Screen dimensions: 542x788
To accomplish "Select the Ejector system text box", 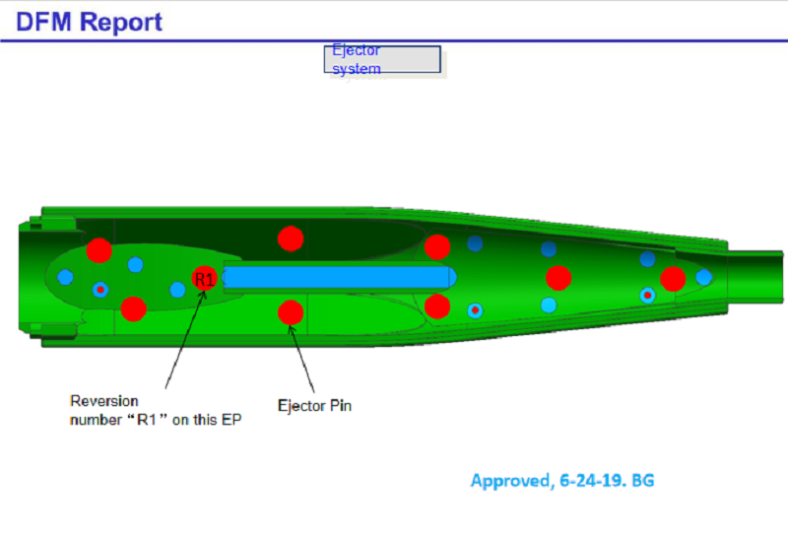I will [x=382, y=59].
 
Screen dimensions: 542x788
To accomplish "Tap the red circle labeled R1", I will [x=204, y=280].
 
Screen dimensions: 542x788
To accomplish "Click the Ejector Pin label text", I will [x=314, y=405].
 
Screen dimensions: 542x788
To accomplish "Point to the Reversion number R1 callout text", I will [x=155, y=411].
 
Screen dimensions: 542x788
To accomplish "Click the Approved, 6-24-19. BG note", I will [x=561, y=481].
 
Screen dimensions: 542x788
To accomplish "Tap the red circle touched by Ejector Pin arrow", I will [x=290, y=312].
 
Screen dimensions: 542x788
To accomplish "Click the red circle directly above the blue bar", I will [x=290, y=238].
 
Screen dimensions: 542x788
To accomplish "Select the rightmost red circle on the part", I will [x=673, y=279].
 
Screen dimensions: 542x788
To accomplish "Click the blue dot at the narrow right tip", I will [x=703, y=277].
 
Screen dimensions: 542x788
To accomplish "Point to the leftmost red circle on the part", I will [x=98, y=250].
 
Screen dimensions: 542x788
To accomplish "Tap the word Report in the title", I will [x=120, y=22].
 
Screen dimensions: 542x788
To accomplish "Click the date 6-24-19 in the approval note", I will [x=591, y=481].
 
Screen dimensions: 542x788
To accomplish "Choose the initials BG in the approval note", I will [x=642, y=481].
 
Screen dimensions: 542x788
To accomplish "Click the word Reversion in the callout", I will [x=103, y=401].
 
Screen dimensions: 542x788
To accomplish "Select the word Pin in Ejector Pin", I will [x=339, y=405].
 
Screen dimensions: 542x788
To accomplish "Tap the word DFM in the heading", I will [x=38, y=22].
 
